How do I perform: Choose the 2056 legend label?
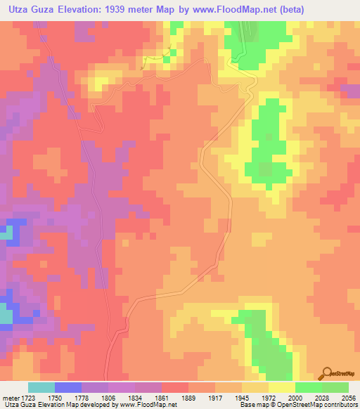[x=349, y=397]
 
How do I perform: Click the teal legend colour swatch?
[x=41, y=387]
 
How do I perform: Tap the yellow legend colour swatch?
[x=282, y=387]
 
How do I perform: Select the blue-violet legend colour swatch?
[x=68, y=387]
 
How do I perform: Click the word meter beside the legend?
[x=11, y=397]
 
